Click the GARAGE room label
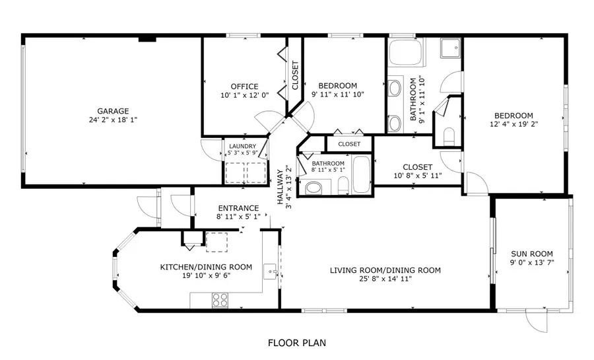coord(113,111)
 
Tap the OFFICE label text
coord(244,87)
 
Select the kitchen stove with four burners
coord(220,299)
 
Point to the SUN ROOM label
coord(532,254)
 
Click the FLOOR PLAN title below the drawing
coord(296,343)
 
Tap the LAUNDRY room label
coord(242,147)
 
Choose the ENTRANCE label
coord(238,207)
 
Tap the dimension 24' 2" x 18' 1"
coord(113,120)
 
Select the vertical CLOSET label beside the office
coord(295,75)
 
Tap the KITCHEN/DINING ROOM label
coord(207,267)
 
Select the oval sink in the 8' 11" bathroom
coord(313,188)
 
